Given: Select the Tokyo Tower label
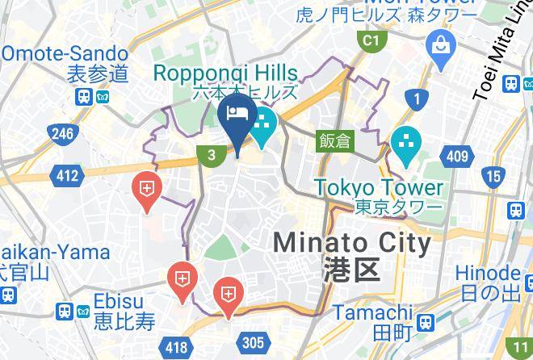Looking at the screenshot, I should click(379, 187).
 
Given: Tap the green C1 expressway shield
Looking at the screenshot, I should click(371, 40).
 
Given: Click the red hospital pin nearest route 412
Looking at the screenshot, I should click(147, 190).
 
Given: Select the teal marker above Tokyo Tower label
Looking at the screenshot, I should click(405, 144).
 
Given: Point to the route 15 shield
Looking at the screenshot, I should click(492, 175).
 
